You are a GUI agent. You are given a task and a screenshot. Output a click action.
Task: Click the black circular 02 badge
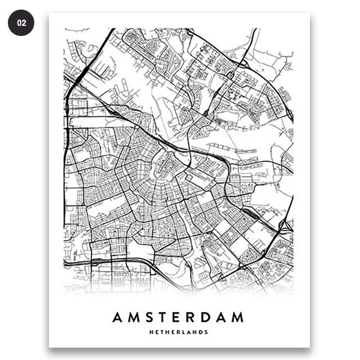pyautogui.click(x=21, y=23)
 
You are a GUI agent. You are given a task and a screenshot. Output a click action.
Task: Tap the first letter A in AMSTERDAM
pyautogui.click(x=118, y=317)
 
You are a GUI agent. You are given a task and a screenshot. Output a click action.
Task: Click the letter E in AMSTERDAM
pyautogui.click(x=178, y=317)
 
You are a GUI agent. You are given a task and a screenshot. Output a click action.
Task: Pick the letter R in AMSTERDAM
pyautogui.click(x=192, y=317)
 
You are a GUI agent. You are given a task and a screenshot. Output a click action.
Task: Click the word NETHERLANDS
pyautogui.click(x=179, y=332)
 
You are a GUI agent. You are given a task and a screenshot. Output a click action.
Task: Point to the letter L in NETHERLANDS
pyautogui.click(x=183, y=332)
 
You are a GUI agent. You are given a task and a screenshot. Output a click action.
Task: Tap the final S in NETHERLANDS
pyautogui.click(x=206, y=332)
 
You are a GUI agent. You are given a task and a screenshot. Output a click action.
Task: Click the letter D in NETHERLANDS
pyautogui.click(x=201, y=332)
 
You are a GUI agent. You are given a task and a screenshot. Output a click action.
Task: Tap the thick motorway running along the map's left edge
pyautogui.click(x=66, y=141)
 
